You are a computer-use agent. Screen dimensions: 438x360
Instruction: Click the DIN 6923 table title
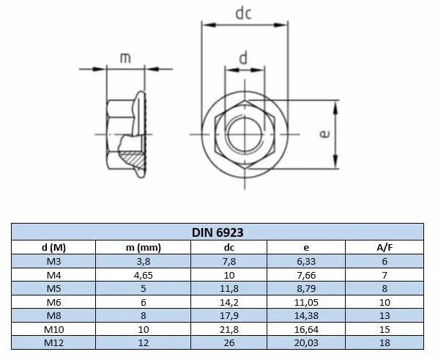[218, 232]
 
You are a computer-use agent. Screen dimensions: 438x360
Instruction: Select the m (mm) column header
[144, 248]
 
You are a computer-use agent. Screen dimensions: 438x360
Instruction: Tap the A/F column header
[385, 248]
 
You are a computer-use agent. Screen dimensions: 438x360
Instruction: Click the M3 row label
[53, 261]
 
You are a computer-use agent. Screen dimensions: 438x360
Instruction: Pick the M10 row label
[53, 329]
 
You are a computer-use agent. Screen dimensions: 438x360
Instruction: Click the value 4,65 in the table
[144, 275]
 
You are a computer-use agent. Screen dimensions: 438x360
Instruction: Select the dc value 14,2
[229, 302]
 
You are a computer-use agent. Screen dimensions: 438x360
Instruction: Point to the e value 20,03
[306, 343]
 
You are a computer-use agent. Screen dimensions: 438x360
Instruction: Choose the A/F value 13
[385, 315]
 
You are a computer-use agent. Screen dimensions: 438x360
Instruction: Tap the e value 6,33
[306, 261]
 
